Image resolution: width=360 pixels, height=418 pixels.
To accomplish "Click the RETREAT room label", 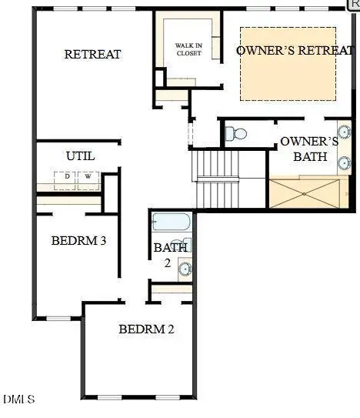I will (x=92, y=54).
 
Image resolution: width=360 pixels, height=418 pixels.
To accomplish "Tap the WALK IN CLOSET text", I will (x=188, y=49).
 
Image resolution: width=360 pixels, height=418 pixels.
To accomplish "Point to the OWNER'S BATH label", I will (x=309, y=149).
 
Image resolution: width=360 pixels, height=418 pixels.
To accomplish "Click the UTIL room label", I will (x=80, y=155).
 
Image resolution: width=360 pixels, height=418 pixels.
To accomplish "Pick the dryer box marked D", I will (x=67, y=176).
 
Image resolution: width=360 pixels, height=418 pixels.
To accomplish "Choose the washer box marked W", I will (x=88, y=176).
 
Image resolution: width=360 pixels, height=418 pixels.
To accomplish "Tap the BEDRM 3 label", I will (x=78, y=240).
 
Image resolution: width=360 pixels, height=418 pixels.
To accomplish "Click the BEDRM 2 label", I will (x=146, y=329).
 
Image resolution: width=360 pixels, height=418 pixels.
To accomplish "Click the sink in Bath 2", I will (x=185, y=269).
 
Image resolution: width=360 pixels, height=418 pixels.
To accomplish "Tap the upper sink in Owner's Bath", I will (x=344, y=131).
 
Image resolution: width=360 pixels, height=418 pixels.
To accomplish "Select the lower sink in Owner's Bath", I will (x=344, y=162).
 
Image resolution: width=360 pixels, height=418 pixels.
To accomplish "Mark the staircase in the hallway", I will (x=218, y=179).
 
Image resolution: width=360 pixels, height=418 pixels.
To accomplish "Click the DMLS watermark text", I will (x=18, y=399).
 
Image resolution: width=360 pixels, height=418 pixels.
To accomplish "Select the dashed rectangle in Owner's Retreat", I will (x=288, y=63).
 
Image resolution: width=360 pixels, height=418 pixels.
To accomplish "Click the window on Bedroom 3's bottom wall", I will (x=58, y=318).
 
